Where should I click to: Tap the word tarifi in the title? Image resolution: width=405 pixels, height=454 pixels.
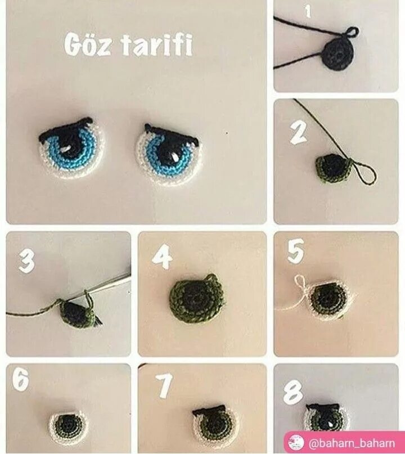tap(156, 45)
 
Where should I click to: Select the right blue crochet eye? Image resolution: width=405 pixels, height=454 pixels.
tap(169, 154)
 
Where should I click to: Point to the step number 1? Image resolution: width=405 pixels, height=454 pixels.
tap(308, 12)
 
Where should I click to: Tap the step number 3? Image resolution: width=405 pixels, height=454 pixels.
tap(26, 262)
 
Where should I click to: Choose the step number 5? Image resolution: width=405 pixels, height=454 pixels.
tap(295, 251)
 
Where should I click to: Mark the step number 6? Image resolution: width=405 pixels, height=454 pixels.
tap(20, 379)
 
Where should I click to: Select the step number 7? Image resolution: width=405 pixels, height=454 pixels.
tap(164, 385)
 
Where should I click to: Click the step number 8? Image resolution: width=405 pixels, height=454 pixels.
tap(292, 392)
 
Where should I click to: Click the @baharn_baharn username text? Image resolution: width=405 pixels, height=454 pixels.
tap(352, 443)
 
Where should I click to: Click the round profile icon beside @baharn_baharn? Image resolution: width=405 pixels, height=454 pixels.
tap(296, 443)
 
